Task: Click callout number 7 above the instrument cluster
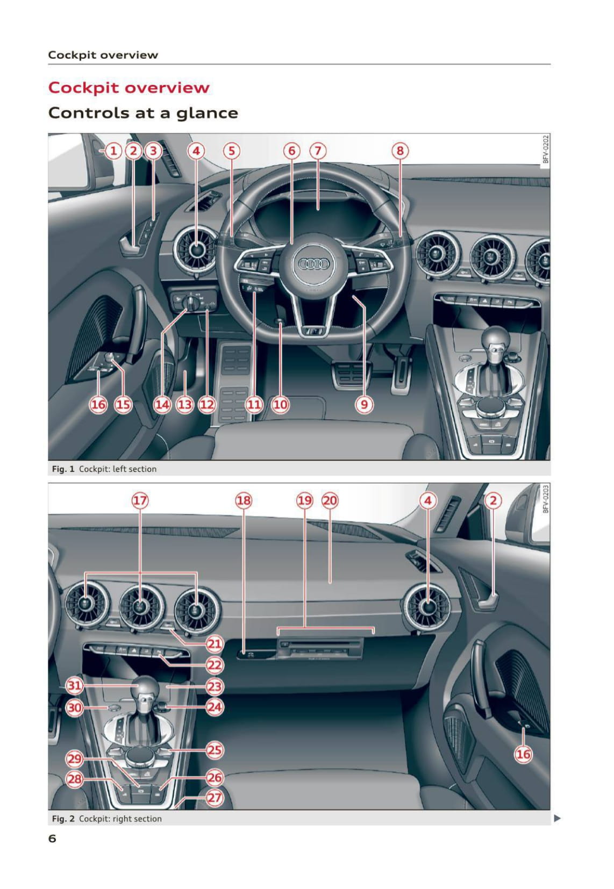318,151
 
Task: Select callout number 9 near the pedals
364,404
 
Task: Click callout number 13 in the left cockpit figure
184,404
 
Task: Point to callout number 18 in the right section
244,500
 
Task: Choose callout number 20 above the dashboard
330,500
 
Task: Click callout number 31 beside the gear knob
74,685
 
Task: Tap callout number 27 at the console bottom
215,798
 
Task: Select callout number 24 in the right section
215,707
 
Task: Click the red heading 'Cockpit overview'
128,87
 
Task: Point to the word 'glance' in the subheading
207,114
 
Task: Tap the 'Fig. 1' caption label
63,469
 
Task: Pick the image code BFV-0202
545,149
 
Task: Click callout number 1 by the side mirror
113,151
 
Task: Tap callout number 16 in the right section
523,754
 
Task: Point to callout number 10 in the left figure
280,404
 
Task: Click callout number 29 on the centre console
74,759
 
